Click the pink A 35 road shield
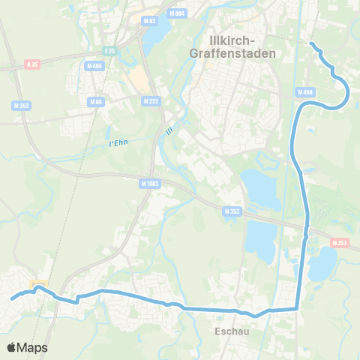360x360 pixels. [x=31, y=64]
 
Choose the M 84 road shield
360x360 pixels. [x=95, y=101]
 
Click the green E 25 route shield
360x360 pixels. [x=111, y=51]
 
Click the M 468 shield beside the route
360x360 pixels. [x=304, y=92]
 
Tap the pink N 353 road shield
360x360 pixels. [x=340, y=242]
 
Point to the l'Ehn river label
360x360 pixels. [x=110, y=142]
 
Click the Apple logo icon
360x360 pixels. [x=12, y=347]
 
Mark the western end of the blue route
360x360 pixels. [x=11, y=300]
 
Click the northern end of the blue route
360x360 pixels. [x=310, y=43]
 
